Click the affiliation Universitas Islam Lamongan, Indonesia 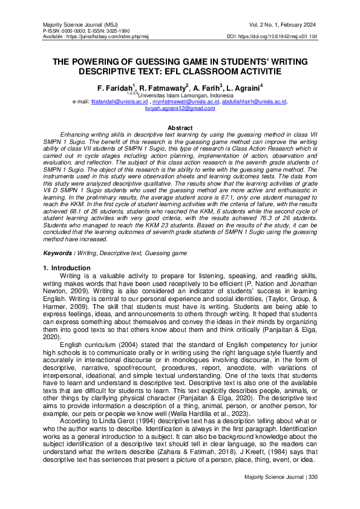[x=182, y=96]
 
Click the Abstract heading [x=180, y=128]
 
